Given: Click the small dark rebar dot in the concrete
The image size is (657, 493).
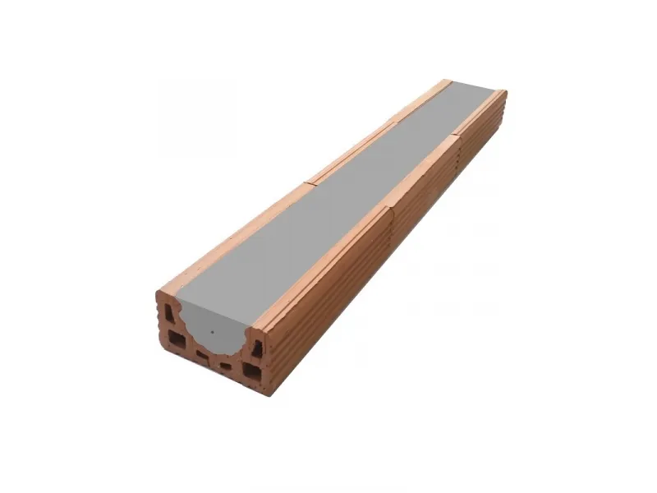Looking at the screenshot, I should pyautogui.click(x=213, y=333).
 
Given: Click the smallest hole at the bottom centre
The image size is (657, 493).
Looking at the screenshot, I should pyautogui.click(x=225, y=366).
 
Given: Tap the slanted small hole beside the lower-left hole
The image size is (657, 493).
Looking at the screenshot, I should pyautogui.click(x=202, y=355).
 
